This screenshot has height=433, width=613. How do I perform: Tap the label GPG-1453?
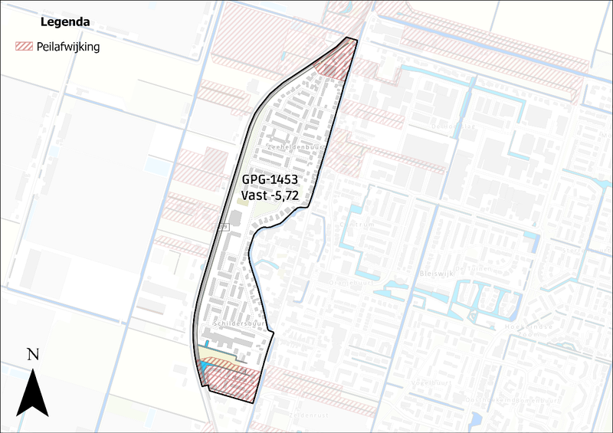267,180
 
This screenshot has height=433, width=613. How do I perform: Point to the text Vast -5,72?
269,196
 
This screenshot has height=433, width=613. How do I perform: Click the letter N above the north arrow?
33,354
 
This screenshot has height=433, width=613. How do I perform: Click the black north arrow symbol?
33,392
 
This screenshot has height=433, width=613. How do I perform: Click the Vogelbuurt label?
429,382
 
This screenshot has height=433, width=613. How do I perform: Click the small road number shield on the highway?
224,228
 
